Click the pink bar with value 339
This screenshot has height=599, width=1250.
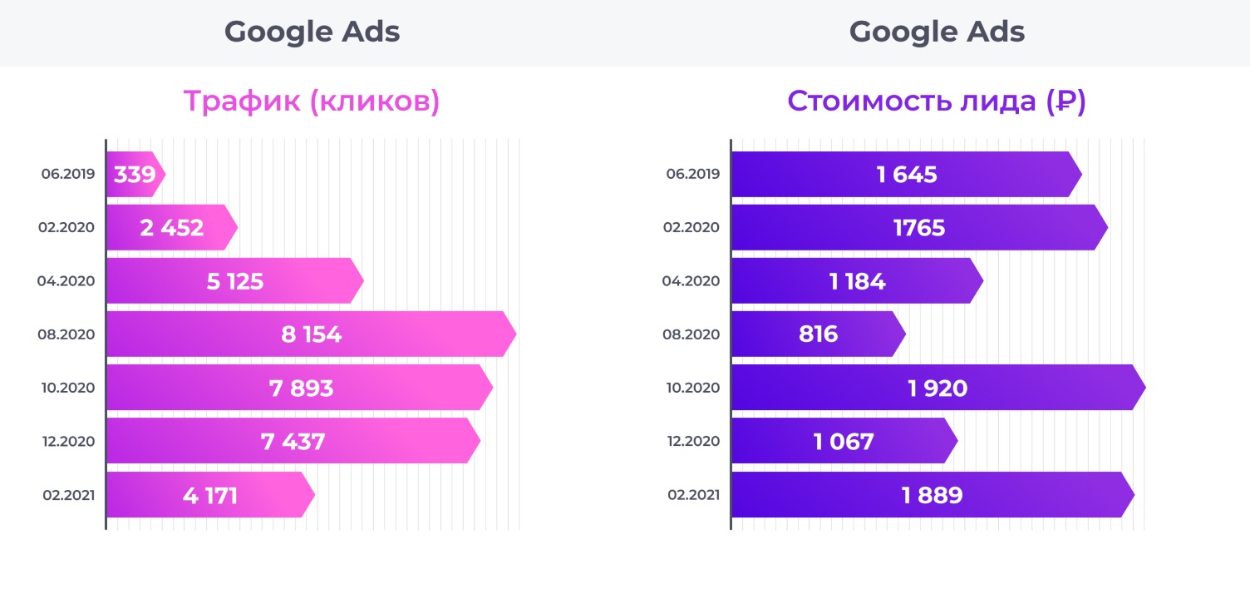click(x=133, y=175)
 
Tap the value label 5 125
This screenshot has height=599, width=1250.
click(x=235, y=281)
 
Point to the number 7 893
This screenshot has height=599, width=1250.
click(x=301, y=388)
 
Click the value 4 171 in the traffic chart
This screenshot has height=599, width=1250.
click(x=210, y=496)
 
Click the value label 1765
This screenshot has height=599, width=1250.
click(x=919, y=228)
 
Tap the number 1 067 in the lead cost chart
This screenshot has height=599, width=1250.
click(x=844, y=441)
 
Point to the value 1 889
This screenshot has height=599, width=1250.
click(x=932, y=496)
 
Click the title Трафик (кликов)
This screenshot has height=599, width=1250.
click(x=312, y=101)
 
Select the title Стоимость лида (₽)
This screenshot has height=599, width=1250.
click(x=937, y=101)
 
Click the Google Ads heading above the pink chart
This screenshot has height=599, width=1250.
click(x=312, y=32)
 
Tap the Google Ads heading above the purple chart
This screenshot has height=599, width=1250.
click(x=937, y=32)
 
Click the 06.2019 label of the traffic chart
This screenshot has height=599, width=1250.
click(x=68, y=175)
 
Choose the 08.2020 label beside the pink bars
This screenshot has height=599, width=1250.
click(x=66, y=334)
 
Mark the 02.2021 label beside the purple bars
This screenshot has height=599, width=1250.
click(x=693, y=496)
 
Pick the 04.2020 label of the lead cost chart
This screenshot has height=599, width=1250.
click(x=691, y=281)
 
